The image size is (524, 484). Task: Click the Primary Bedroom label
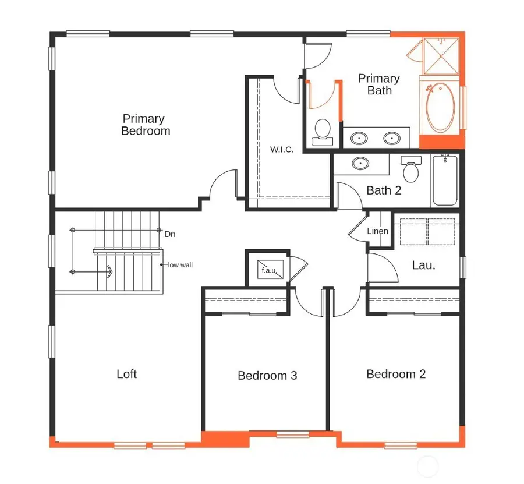tap(146, 125)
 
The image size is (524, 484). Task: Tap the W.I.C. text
tap(282, 150)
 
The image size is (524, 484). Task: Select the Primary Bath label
tap(379, 84)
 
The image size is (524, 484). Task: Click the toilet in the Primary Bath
tap(322, 132)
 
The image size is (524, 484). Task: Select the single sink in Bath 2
tap(361, 163)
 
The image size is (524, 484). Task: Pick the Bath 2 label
tap(384, 190)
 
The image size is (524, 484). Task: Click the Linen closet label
tap(377, 231)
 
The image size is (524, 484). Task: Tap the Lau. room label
tap(423, 265)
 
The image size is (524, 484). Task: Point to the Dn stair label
tap(170, 234)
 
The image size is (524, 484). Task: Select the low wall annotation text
tap(180, 265)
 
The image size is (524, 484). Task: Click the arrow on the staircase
tap(109, 271)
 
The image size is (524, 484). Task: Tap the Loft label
tap(126, 374)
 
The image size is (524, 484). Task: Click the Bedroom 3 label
tap(267, 376)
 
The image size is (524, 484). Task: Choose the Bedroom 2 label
tap(396, 374)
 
